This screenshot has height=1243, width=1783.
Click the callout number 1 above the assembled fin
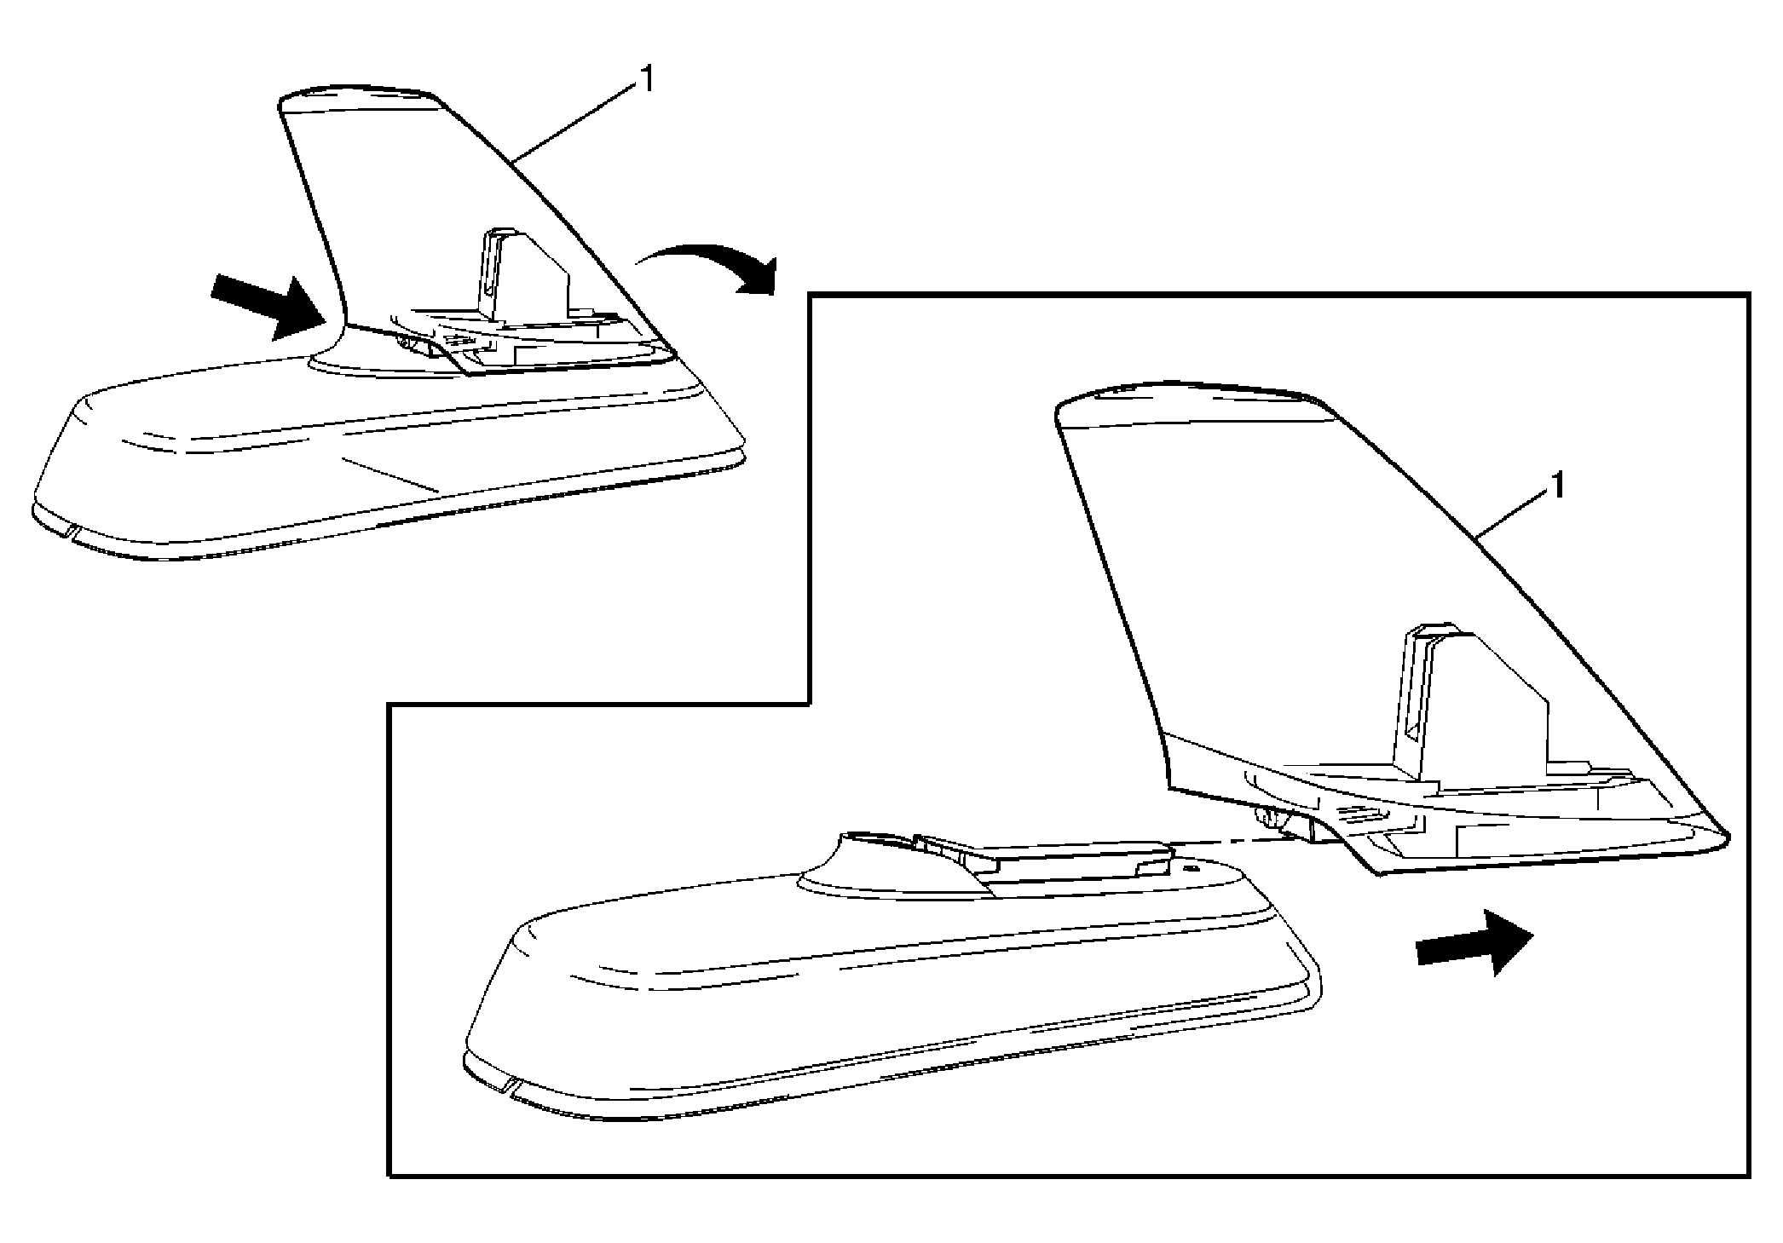click(648, 79)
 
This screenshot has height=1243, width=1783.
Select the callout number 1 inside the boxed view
click(1557, 486)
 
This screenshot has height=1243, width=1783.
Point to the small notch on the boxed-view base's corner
click(509, 1085)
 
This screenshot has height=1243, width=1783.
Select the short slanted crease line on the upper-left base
click(388, 475)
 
